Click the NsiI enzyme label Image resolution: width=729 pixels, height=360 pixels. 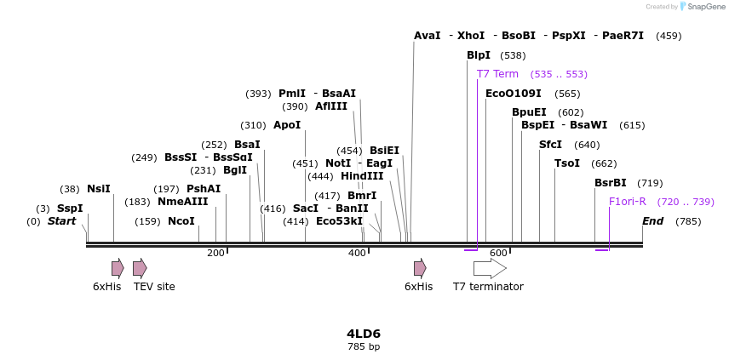point(99,189)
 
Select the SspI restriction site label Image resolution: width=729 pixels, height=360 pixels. point(70,209)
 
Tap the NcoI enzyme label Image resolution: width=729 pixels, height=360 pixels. point(181,221)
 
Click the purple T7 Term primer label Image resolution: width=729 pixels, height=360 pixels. point(497,74)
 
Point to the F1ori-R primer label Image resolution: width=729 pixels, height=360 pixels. point(628,202)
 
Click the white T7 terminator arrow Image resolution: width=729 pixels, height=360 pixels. point(490,268)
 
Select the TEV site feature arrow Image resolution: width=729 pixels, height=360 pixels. point(140,268)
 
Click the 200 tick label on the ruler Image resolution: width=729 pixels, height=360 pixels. point(215,253)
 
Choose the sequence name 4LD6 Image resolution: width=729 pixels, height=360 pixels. point(364,333)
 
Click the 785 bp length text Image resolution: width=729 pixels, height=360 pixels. point(364,346)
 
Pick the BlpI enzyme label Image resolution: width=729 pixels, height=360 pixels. point(479,55)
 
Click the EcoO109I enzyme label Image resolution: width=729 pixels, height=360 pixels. point(514,94)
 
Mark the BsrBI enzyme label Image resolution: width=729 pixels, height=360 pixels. point(611,183)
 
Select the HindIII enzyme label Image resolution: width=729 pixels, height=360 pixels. point(363,176)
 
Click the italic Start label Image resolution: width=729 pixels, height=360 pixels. point(61,221)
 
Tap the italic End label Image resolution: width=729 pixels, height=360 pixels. point(653,221)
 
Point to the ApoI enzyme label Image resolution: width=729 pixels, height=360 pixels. point(287,125)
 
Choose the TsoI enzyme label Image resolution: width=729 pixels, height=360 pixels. point(567,163)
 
